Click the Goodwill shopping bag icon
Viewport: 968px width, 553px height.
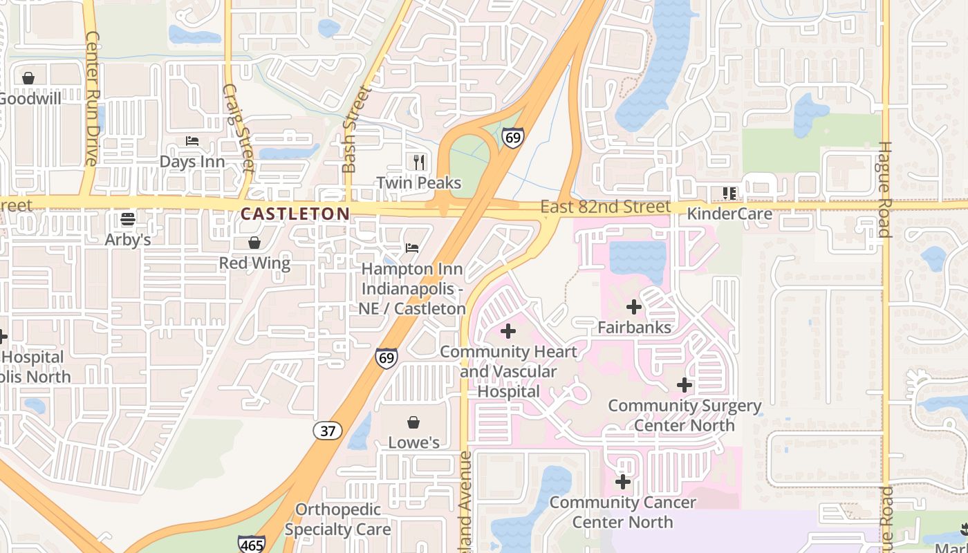[x=28, y=78]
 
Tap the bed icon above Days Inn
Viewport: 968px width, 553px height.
[x=192, y=141]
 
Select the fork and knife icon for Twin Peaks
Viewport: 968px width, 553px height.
[x=418, y=162]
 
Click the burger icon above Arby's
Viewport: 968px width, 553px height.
[x=127, y=219]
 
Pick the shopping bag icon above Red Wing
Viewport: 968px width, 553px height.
[x=254, y=243]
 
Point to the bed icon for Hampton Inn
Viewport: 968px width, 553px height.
[x=412, y=247]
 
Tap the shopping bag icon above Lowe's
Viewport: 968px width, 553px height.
[x=413, y=422]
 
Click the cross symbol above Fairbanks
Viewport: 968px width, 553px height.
[x=634, y=306]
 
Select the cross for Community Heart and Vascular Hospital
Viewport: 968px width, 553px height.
[x=508, y=331]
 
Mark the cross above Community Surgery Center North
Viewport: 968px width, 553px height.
[x=685, y=385]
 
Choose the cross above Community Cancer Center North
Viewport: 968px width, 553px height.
[x=623, y=481]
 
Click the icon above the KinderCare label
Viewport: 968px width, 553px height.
[x=729, y=193]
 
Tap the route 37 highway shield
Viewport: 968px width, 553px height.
[x=328, y=431]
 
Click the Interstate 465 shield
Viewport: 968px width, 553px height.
[x=251, y=544]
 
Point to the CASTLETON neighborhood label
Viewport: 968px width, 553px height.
[x=295, y=214]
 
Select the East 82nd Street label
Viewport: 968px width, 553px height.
[x=606, y=207]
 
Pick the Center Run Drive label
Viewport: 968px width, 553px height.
[x=91, y=98]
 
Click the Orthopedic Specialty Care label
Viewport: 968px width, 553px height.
[x=338, y=519]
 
